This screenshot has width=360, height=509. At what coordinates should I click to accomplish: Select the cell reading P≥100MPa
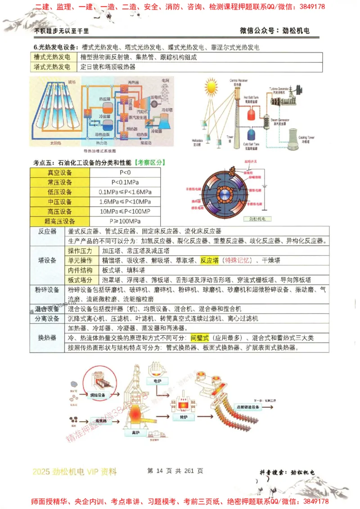[125, 221]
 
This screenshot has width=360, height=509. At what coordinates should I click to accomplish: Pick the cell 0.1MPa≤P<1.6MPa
[125, 192]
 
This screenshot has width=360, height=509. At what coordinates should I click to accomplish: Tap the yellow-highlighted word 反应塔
[209, 260]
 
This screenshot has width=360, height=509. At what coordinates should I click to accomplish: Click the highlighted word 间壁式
[200, 337]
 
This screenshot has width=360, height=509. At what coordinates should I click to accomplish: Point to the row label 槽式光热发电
[52, 57]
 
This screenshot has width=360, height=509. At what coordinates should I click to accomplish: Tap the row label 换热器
[47, 337]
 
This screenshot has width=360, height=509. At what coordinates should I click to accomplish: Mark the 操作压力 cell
[80, 250]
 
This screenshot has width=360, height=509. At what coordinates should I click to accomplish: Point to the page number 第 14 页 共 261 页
[175, 471]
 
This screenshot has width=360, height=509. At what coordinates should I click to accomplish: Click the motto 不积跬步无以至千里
[62, 31]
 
